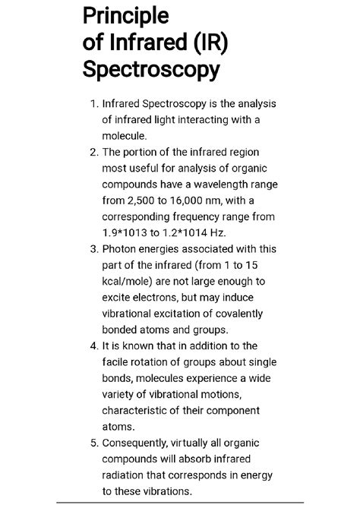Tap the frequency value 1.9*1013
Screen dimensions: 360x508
point(130,232)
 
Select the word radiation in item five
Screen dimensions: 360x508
point(127,475)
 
